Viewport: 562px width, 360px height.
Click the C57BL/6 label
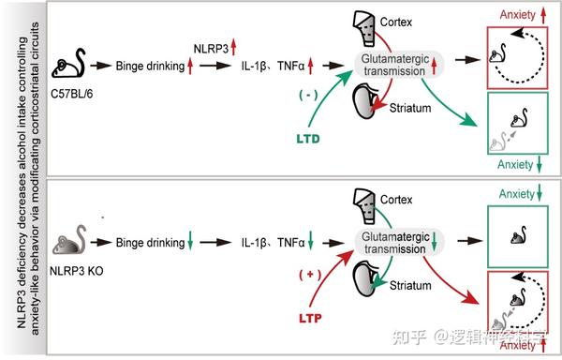click(x=69, y=94)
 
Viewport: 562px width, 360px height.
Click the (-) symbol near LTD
click(x=305, y=95)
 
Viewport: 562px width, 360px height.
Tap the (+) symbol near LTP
click(x=306, y=275)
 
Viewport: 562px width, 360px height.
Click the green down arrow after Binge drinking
click(x=190, y=246)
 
